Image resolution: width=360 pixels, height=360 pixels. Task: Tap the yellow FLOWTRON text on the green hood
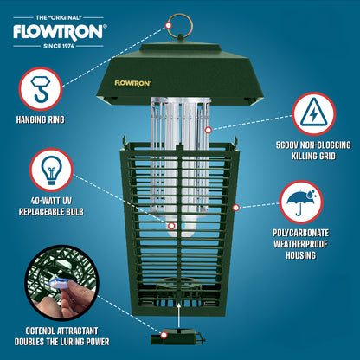coord(132,83)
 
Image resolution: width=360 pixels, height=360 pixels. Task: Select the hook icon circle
coord(41,89)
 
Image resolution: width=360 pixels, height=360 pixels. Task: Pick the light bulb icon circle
coord(51,170)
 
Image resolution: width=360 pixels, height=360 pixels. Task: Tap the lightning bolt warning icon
coord(314,114)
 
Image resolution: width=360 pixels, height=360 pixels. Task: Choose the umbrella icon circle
coord(301,202)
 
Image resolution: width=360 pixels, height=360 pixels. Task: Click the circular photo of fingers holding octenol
coord(62,283)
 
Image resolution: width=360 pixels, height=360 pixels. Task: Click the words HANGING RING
coord(41,119)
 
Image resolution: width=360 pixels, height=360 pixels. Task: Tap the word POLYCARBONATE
coord(301,233)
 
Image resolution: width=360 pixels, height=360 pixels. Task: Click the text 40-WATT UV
coord(51,201)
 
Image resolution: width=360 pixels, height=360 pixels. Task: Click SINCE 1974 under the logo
coord(59,46)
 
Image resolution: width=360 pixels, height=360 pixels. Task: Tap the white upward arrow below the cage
coord(179,314)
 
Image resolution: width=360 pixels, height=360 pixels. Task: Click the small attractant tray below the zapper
coord(177,336)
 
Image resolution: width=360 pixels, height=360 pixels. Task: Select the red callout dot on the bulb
coord(171,226)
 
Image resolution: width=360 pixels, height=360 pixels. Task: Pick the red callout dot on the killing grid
coord(209,130)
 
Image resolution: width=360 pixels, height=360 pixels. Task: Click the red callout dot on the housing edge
coord(236,208)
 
